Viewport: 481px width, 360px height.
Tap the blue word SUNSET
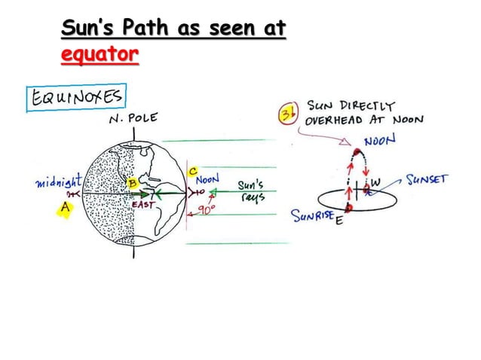tap(427, 179)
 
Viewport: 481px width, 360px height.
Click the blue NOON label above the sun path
tap(382, 141)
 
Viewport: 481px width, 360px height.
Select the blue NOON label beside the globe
tap(207, 181)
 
